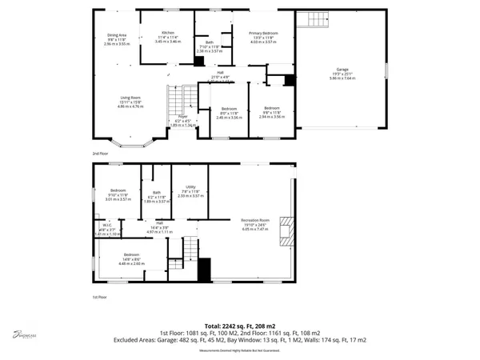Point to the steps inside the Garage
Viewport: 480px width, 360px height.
click(x=308, y=20)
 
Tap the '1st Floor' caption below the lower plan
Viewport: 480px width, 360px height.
click(x=100, y=297)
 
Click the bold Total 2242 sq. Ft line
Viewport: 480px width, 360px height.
click(x=239, y=326)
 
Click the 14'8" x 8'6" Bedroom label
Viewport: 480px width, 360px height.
click(x=121, y=258)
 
